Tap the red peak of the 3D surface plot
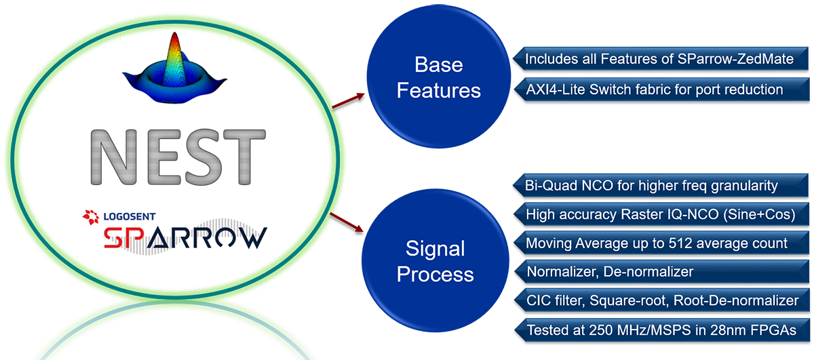(174, 44)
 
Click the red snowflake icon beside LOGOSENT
(90, 216)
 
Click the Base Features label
(438, 77)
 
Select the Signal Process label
(435, 262)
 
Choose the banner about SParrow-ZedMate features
(659, 59)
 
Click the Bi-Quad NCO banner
(651, 184)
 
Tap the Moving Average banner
(656, 243)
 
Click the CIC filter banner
(662, 300)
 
